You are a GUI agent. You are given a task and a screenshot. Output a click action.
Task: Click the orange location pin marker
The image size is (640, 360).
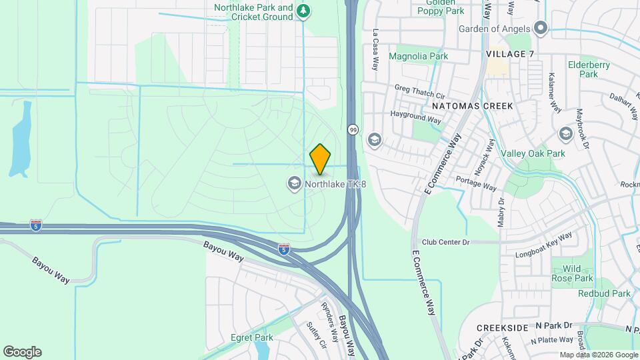[x=320, y=159]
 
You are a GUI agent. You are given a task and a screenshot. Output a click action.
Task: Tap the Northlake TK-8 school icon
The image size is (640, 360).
[x=294, y=183]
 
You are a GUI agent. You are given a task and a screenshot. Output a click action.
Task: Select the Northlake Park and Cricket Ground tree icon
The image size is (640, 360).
[x=304, y=11]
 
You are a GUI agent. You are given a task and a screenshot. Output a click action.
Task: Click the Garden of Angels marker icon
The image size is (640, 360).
[x=541, y=29]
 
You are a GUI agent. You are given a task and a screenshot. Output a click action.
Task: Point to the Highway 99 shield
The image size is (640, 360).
[x=353, y=130]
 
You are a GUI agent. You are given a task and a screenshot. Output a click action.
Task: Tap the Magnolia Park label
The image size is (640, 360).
[x=418, y=57]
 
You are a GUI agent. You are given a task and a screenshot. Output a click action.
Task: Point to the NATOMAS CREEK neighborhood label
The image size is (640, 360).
[x=472, y=106]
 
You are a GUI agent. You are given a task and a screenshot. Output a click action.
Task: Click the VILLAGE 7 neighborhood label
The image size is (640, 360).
[x=510, y=54]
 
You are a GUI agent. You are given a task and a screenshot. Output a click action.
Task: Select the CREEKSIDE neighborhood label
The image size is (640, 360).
[x=503, y=328]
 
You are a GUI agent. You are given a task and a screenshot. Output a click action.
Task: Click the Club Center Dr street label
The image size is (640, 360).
[x=445, y=242]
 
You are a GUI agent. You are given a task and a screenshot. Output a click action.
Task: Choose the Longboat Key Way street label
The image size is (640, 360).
[x=544, y=245]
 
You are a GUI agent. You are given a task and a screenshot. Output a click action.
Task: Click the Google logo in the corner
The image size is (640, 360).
[x=22, y=352]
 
